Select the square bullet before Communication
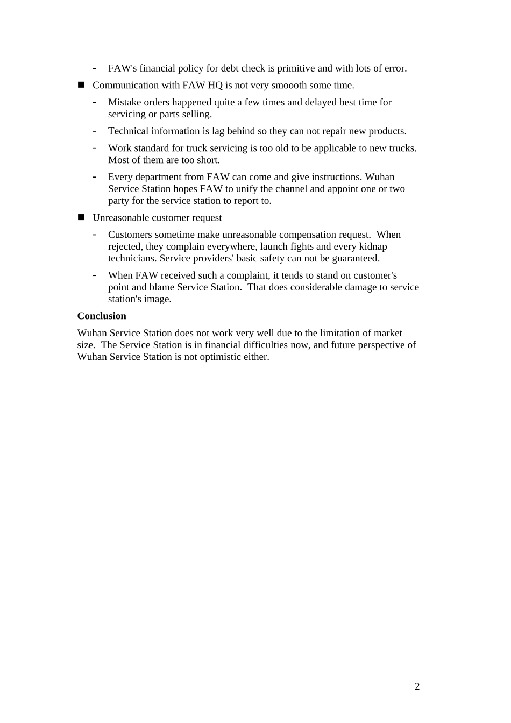point(81,85)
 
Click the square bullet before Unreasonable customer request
point(81,217)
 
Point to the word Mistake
point(125,102)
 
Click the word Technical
point(127,131)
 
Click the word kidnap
point(372,246)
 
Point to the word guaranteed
point(355,258)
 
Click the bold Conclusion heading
point(102,316)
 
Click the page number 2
point(417,686)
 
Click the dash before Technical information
point(95,131)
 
